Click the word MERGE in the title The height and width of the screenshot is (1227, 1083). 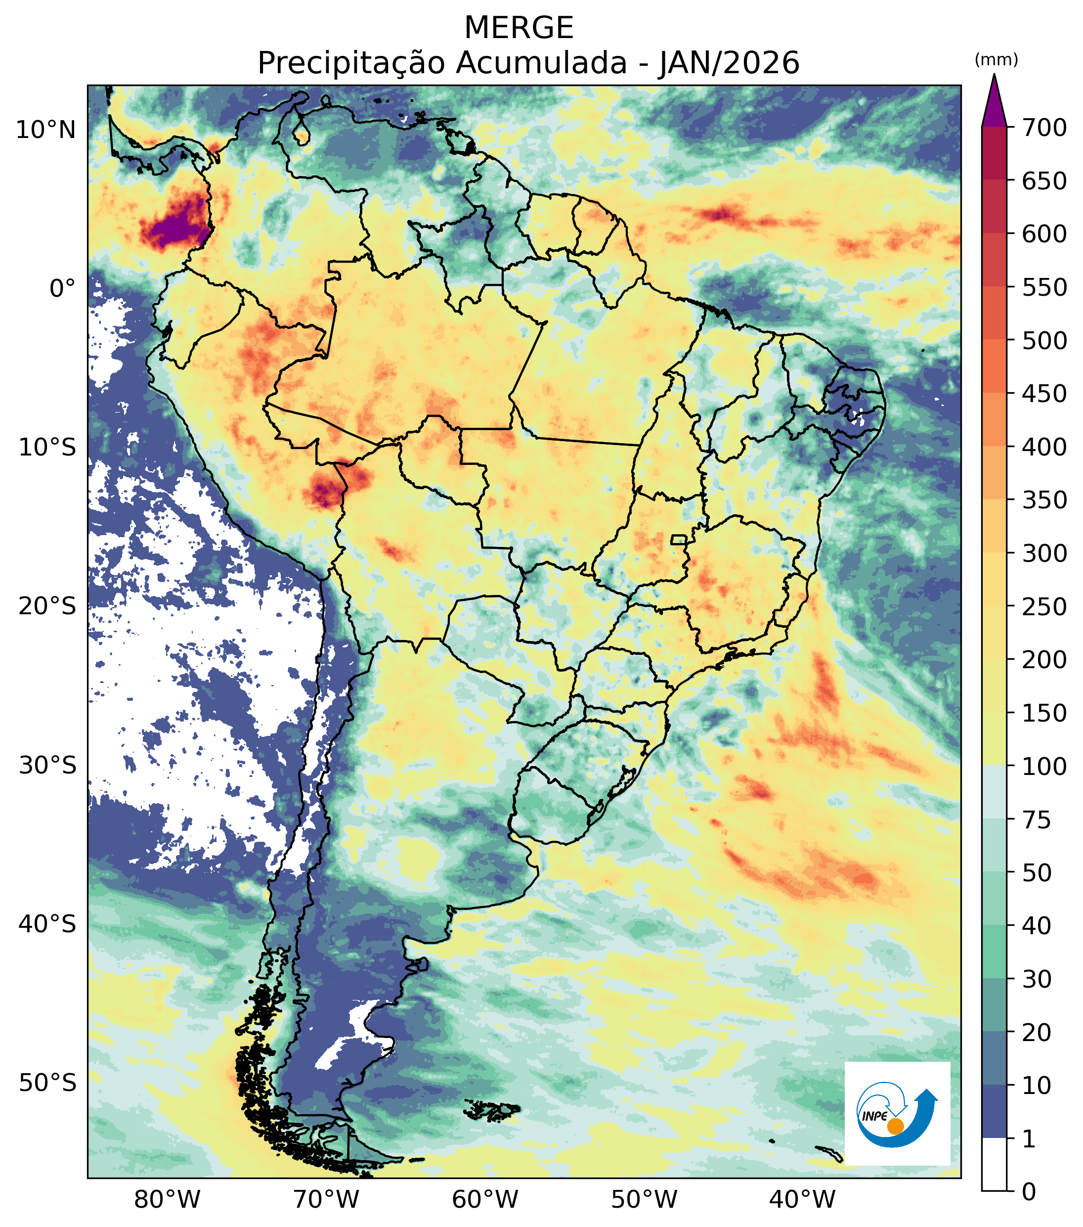click(x=519, y=28)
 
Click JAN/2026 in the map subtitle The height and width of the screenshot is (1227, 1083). click(x=729, y=63)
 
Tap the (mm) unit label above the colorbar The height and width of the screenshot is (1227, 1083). click(x=996, y=60)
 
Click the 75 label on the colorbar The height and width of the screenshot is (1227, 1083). click(x=1037, y=820)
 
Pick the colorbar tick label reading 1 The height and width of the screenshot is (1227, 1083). click(x=1029, y=1139)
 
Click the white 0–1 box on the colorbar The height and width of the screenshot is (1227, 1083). click(x=994, y=1165)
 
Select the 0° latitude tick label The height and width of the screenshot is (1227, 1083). click(x=62, y=289)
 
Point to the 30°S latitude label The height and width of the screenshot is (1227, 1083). click(x=47, y=766)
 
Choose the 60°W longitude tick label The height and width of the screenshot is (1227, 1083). click(x=485, y=1201)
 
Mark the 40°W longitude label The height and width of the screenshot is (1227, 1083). click(x=802, y=1201)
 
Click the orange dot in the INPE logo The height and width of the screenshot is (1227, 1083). click(x=895, y=1126)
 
